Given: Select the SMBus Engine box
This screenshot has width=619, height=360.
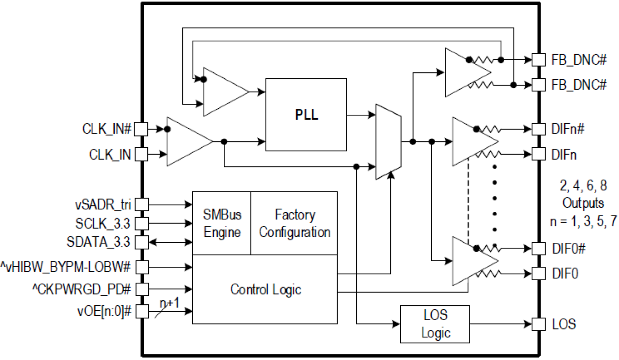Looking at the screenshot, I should click(222, 223).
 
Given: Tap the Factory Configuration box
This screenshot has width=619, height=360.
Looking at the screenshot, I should click(294, 223).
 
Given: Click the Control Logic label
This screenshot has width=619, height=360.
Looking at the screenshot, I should click(266, 289).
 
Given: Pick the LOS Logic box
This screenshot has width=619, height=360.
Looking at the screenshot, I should click(436, 325).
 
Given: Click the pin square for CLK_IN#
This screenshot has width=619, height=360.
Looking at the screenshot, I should click(141, 129).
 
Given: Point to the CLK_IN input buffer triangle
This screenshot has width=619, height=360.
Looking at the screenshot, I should click(187, 141).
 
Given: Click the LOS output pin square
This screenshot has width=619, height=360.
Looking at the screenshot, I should click(538, 325).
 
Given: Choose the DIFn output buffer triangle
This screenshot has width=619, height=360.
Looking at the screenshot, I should click(471, 141).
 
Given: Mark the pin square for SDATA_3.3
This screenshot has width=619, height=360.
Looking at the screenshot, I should click(141, 242).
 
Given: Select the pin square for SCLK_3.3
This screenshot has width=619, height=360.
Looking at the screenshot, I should click(141, 224).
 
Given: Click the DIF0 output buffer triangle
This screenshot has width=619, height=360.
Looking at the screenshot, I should click(471, 261).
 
